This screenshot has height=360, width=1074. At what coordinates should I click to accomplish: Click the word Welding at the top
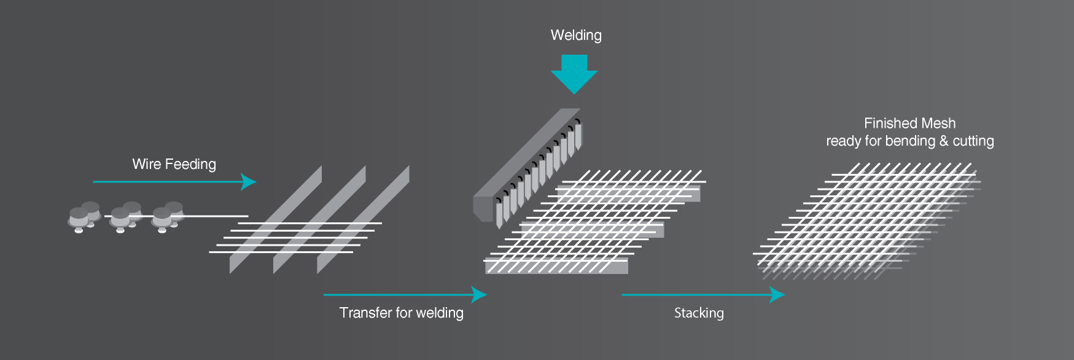tap(576, 35)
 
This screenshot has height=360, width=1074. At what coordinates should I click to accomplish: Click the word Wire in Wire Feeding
tap(147, 164)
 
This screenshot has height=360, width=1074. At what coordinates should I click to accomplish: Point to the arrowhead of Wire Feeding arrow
tap(249, 182)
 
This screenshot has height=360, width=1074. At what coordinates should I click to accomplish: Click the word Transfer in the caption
tap(365, 313)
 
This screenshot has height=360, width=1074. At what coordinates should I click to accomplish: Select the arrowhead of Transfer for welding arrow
tap(480, 295)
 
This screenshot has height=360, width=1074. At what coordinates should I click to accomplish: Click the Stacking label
tap(699, 313)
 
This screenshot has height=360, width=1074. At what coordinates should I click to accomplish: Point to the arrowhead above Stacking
tap(778, 295)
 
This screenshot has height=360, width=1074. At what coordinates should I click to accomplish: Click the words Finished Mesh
tap(909, 123)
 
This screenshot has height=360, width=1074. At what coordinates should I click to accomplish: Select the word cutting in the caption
tap(973, 141)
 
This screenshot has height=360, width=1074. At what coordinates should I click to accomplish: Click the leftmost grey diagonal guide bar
tap(276, 219)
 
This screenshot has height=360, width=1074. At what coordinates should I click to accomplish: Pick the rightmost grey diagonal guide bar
tap(363, 219)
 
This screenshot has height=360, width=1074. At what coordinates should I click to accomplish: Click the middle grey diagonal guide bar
tap(319, 219)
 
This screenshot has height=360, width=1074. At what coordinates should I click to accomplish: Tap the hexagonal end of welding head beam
tap(483, 208)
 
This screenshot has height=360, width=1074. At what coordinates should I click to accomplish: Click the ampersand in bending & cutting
tap(944, 141)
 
